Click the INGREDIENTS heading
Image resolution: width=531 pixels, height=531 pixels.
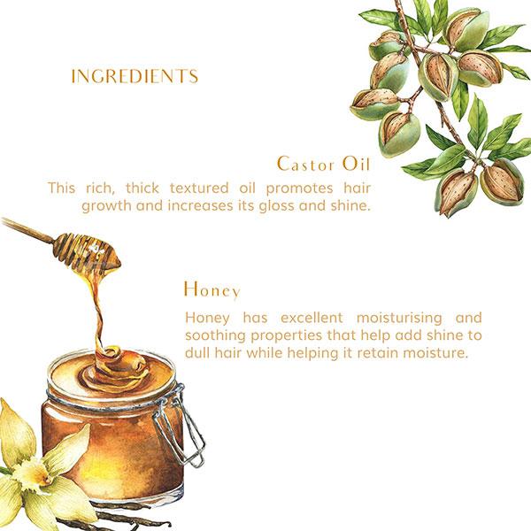tap(135, 76)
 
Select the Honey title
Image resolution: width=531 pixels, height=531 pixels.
tap(212, 289)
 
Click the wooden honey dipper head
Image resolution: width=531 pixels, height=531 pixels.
tap(84, 250)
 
